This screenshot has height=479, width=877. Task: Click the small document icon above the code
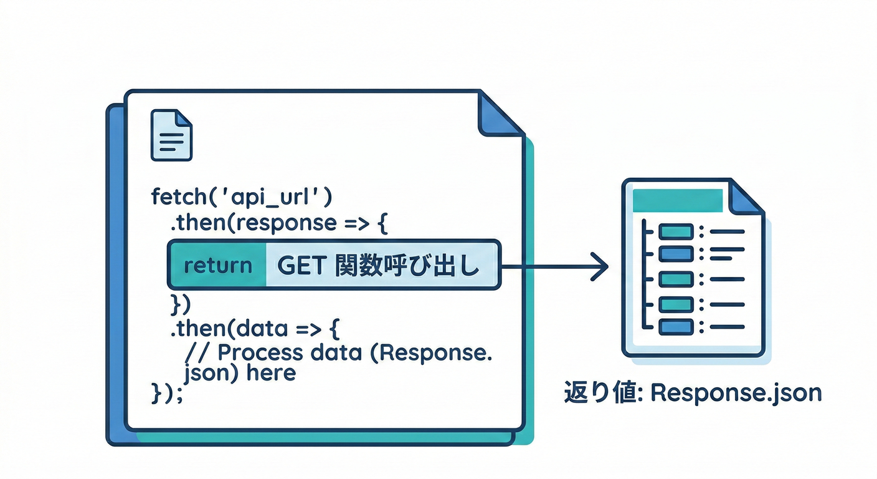click(x=171, y=135)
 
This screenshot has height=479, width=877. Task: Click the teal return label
click(x=218, y=266)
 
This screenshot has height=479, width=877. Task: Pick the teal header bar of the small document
click(x=677, y=201)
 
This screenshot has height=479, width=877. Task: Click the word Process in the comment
click(x=257, y=352)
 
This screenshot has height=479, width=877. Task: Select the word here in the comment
click(x=271, y=374)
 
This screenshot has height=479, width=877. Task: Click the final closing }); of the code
click(x=168, y=394)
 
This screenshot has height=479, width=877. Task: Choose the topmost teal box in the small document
click(x=676, y=232)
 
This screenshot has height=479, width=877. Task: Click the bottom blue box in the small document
click(x=676, y=326)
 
